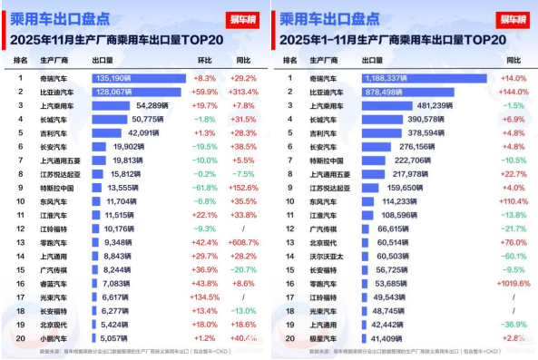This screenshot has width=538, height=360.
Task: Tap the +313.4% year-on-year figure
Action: [x=246, y=92]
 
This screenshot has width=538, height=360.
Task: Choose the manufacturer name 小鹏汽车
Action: [x=56, y=337]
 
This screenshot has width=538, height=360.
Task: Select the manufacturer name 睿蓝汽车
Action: [x=56, y=283]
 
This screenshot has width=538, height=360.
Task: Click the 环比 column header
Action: [x=206, y=60]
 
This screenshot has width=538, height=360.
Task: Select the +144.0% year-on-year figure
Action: [x=514, y=92]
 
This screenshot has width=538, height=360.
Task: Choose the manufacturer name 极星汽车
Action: [x=324, y=337]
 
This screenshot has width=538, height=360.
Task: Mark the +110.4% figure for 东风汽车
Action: [x=514, y=201]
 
